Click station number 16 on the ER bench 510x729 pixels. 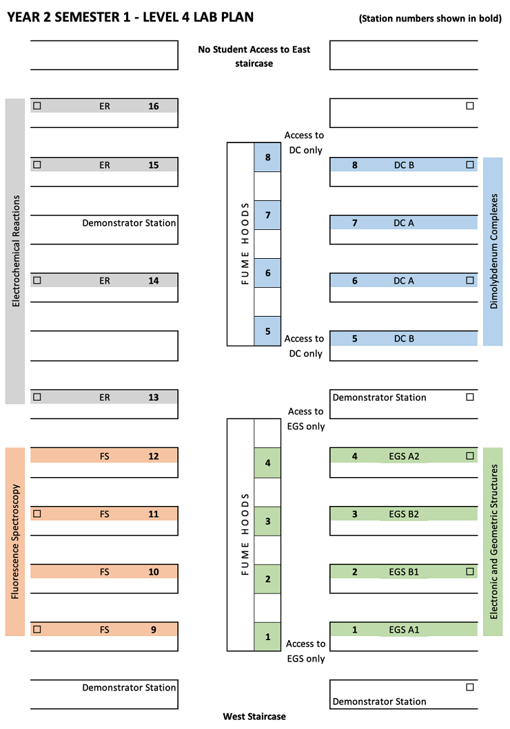(x=154, y=107)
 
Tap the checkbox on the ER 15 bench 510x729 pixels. (x=38, y=165)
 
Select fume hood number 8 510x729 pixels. (x=267, y=158)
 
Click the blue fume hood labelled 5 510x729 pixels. (x=267, y=331)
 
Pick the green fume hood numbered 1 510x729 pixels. (x=267, y=637)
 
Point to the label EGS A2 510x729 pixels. (x=404, y=456)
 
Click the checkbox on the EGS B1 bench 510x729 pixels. (x=470, y=571)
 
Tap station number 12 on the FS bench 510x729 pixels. (x=154, y=456)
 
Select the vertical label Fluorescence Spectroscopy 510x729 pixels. (x=15, y=542)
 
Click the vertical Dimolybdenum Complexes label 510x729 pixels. (x=493, y=251)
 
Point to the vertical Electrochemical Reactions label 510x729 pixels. (x=15, y=251)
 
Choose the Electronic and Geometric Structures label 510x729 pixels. (x=493, y=542)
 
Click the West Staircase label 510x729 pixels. (x=254, y=717)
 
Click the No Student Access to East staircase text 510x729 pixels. (x=254, y=56)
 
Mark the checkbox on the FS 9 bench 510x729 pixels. (x=38, y=629)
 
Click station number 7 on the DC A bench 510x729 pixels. (x=355, y=223)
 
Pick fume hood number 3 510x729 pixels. (x=267, y=521)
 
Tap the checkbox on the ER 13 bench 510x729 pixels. (x=38, y=397)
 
